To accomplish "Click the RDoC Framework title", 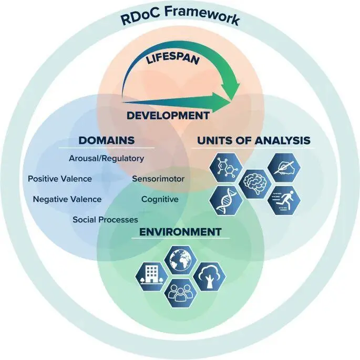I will [180, 19].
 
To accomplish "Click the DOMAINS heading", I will [106, 140].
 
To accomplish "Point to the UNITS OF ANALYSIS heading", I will [253, 140].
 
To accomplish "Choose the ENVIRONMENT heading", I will [180, 232].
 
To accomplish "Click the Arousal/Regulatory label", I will [106, 158].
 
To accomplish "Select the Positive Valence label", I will [60, 179].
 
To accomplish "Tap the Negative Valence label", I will [67, 199].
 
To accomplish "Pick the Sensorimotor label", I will [158, 179].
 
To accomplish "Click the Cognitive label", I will [160, 199].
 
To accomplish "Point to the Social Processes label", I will [105, 219].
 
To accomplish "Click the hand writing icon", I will [284, 168].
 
